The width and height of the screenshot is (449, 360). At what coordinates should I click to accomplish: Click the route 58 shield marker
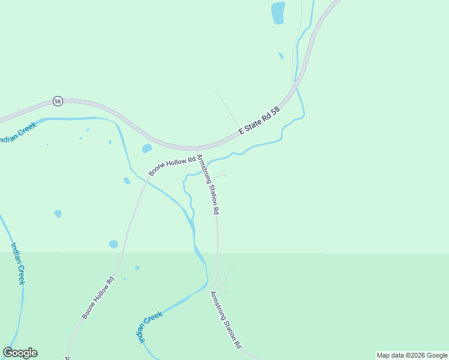[x=57, y=101]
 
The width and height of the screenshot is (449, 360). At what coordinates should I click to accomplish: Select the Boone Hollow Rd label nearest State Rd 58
[x=172, y=166]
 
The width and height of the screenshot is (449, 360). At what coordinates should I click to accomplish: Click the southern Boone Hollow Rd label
[x=98, y=298]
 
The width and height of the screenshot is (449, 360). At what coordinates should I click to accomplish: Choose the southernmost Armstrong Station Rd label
[x=226, y=320]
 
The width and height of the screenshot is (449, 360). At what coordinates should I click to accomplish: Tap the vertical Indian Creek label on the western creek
[x=17, y=263]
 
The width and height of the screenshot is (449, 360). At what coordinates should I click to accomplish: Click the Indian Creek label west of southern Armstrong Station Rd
[x=151, y=326]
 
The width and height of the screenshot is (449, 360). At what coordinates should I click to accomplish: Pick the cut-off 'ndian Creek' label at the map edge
[x=18, y=133]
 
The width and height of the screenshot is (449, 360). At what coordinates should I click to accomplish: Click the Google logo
[x=20, y=353]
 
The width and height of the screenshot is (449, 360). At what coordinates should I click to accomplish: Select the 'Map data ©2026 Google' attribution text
[x=412, y=355]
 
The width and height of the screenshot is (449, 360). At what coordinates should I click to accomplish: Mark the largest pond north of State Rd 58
[x=277, y=13]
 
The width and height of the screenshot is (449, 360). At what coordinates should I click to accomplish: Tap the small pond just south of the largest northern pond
[x=281, y=56]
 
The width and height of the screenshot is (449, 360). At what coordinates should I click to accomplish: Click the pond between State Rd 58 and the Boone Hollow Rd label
[x=147, y=148]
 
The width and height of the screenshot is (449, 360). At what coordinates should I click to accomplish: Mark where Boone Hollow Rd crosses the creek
[x=146, y=179]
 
